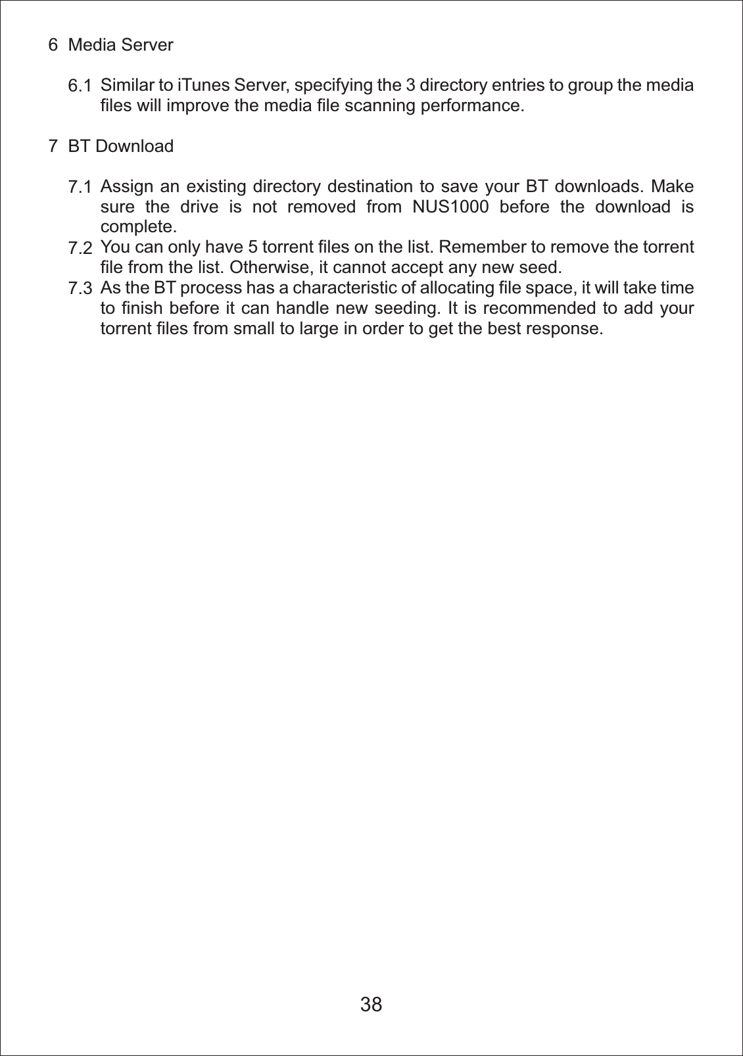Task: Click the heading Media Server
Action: (120, 45)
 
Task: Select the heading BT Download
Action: (120, 146)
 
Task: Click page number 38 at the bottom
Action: (371, 1004)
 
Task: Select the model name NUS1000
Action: (450, 207)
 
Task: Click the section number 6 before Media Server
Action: (53, 45)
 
